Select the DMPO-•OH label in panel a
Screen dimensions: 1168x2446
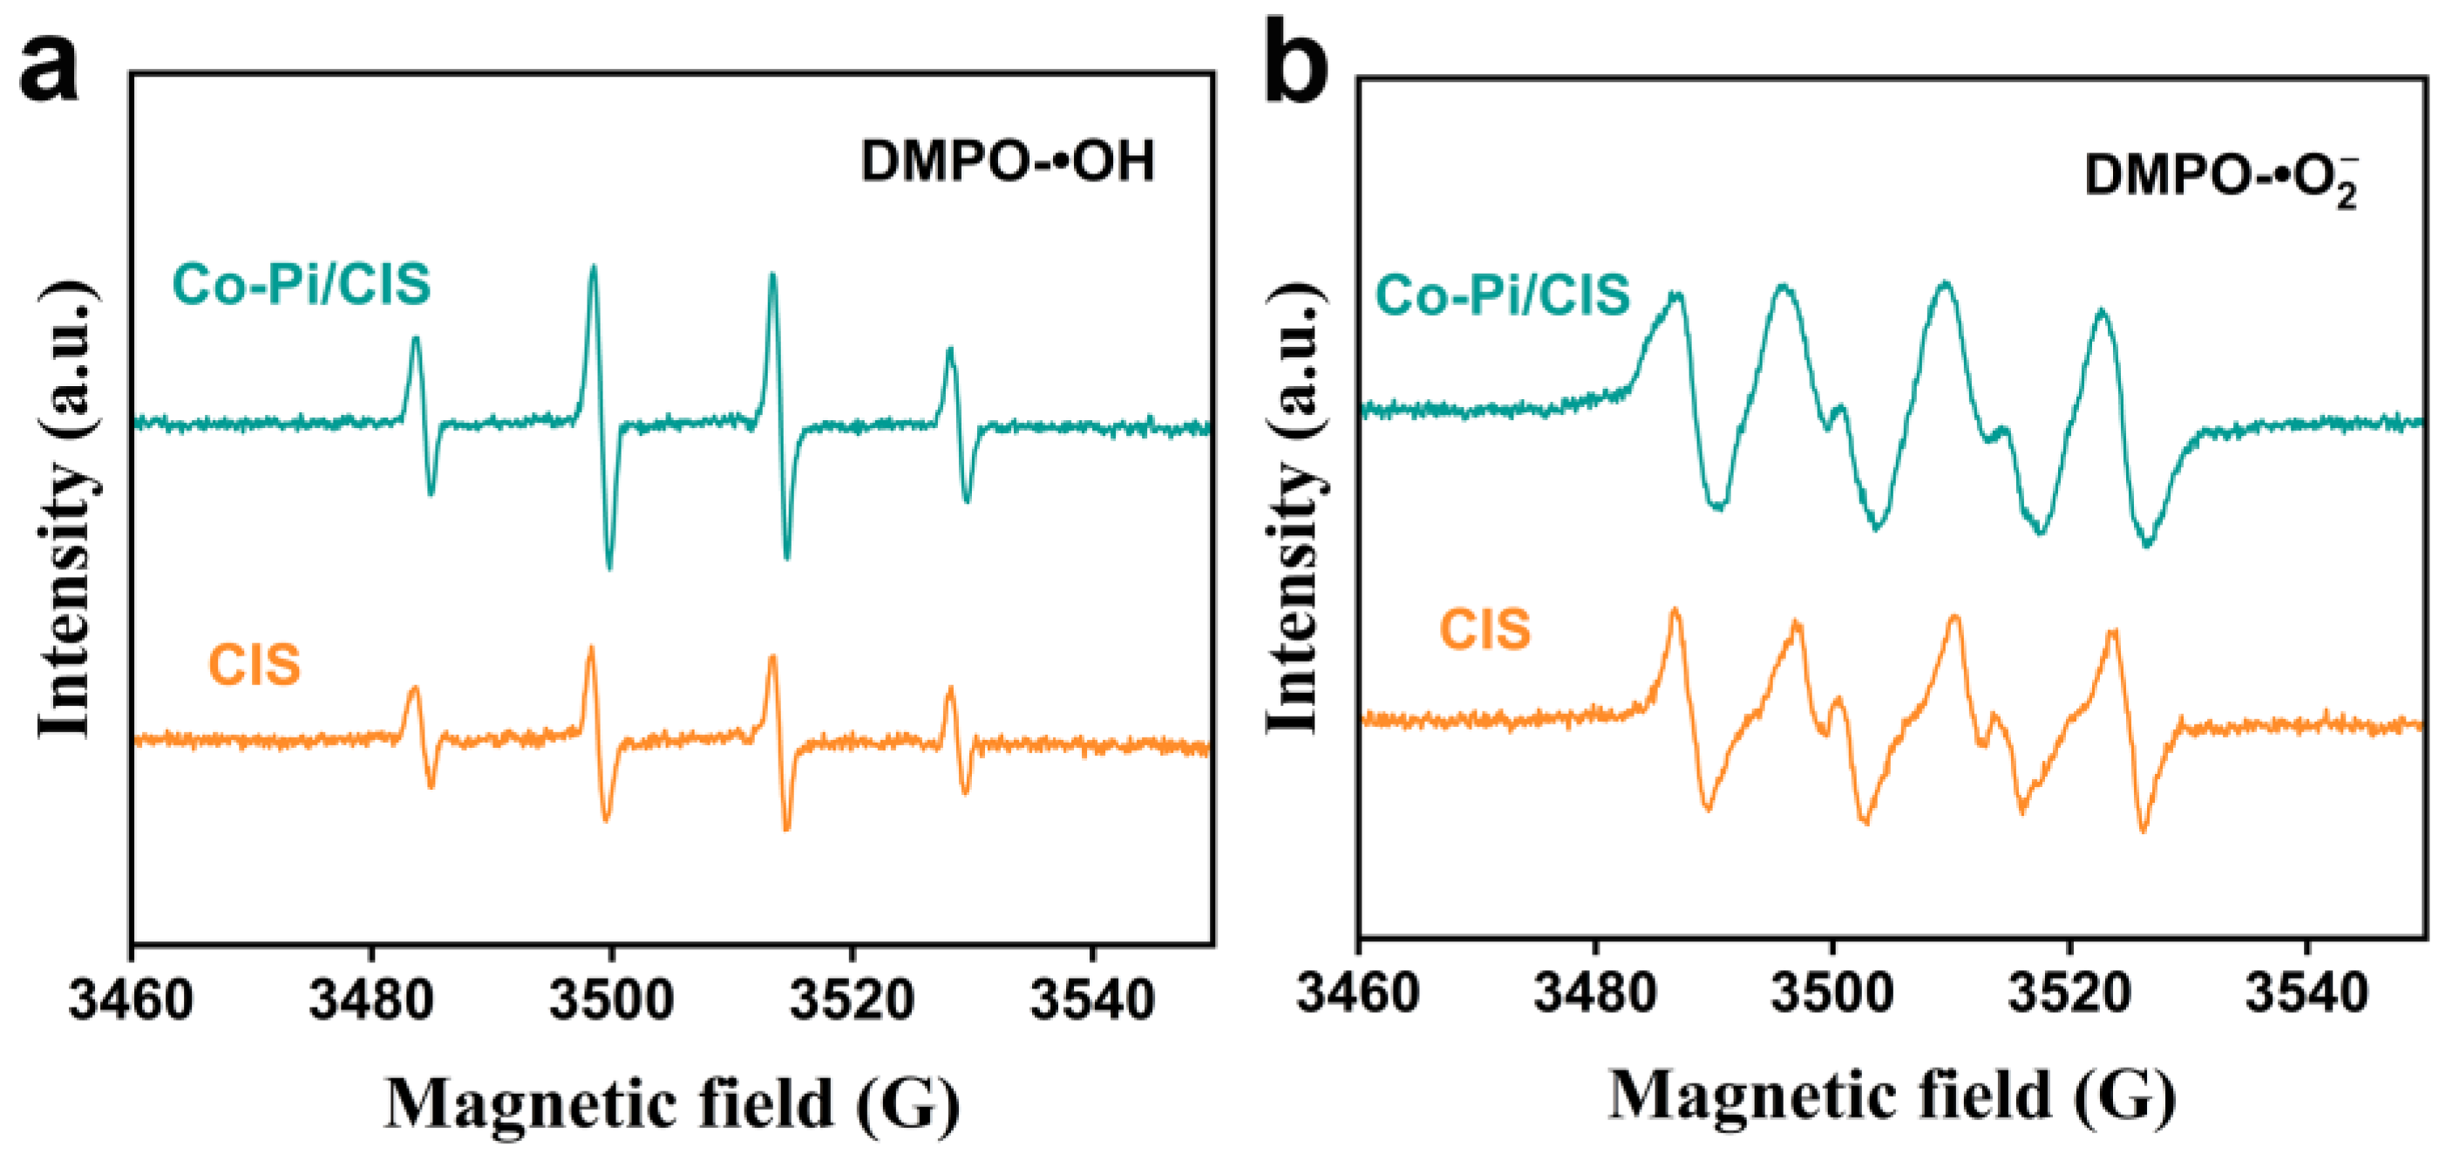(1008, 161)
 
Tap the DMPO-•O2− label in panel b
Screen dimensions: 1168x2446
(2220, 179)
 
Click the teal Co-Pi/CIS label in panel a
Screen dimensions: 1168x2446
(301, 285)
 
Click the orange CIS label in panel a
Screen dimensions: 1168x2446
(254, 665)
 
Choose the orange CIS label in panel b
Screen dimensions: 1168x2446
(1485, 629)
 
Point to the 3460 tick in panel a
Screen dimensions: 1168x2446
(131, 999)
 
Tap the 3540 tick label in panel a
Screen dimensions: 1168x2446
(1092, 999)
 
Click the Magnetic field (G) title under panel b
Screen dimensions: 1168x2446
(1892, 1096)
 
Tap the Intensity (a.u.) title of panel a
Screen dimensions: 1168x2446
(66, 510)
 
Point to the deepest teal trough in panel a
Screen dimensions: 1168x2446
(609, 567)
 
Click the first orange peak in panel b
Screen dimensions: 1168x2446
(1675, 612)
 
